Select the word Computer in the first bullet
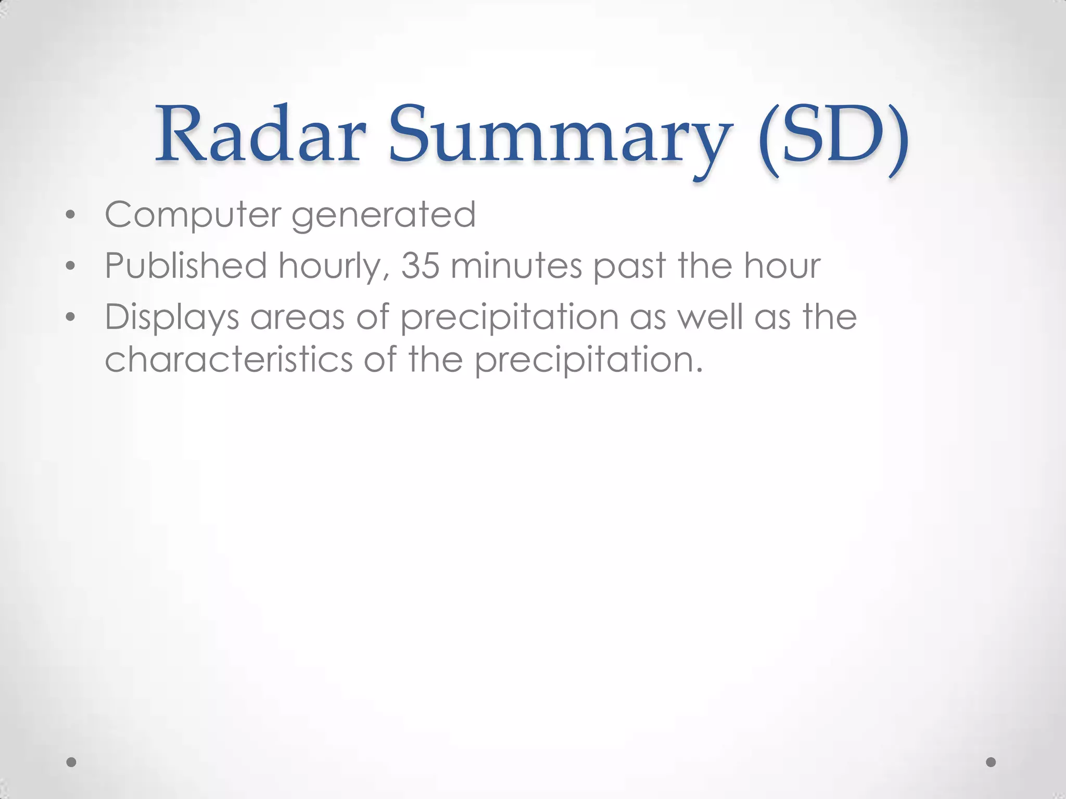tap(193, 215)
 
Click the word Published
tap(186, 266)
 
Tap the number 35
tap(420, 266)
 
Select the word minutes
tap(516, 266)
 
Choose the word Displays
tap(172, 317)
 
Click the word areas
tap(297, 317)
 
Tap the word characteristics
tap(229, 359)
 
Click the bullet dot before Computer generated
tap(71, 215)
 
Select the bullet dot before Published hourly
tap(71, 266)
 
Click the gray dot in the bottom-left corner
tap(72, 762)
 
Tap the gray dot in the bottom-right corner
tap(991, 762)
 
